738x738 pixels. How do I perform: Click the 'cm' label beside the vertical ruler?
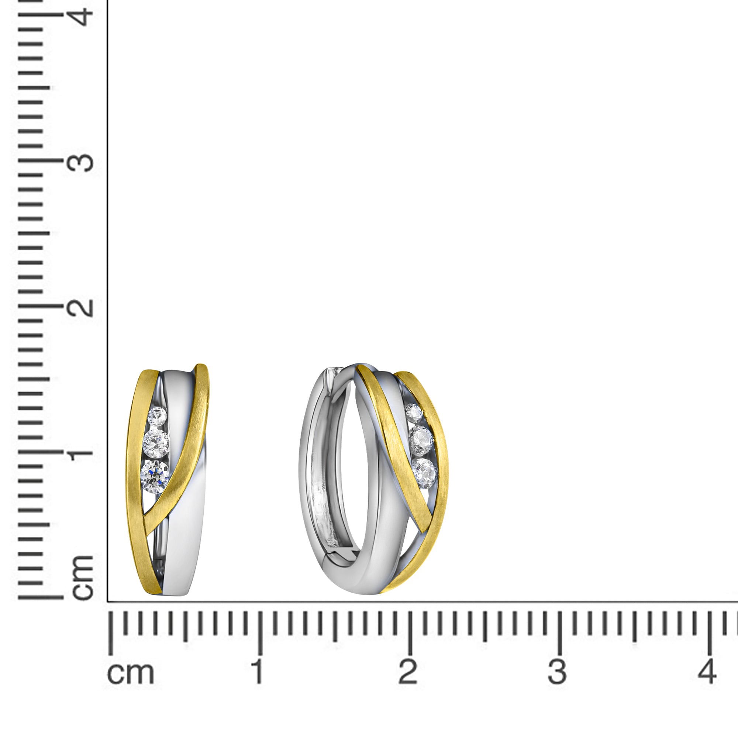pyautogui.click(x=83, y=578)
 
